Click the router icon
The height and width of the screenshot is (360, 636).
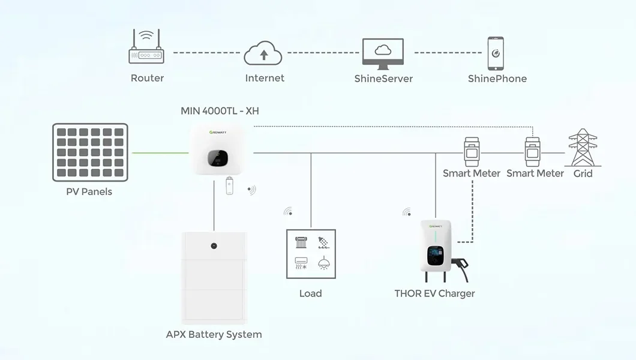[146, 49]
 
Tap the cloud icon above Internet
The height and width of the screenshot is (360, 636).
[263, 53]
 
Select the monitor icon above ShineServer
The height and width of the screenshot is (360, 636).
[383, 52]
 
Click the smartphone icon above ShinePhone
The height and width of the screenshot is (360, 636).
[496, 52]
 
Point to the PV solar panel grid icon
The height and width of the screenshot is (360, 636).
[90, 152]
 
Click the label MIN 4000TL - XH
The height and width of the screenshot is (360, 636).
[220, 111]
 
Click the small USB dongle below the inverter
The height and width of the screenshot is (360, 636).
[229, 186]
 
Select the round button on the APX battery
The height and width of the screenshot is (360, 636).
[213, 245]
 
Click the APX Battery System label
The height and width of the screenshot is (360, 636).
[214, 334]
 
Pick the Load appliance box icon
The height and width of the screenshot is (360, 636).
[310, 254]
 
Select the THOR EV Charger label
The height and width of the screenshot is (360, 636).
[434, 293]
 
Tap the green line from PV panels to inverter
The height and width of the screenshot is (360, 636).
[160, 153]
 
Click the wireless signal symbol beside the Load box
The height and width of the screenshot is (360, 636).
[289, 211]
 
